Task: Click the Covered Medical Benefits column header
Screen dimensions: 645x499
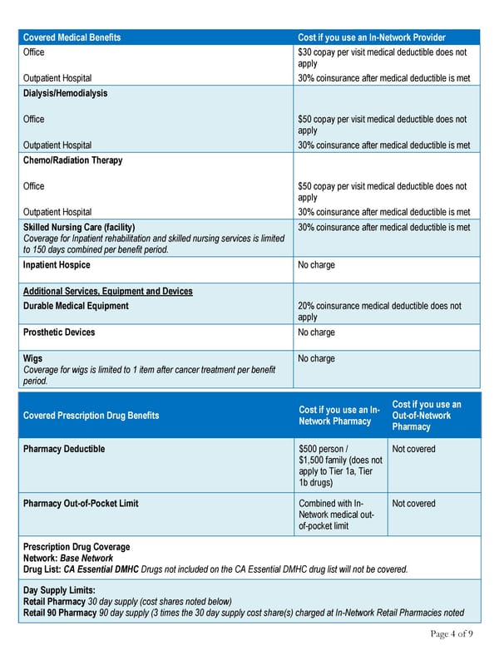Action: coord(72,37)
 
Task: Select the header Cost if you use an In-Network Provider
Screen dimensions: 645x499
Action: coord(371,37)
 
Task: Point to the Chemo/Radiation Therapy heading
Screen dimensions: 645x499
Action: coord(72,160)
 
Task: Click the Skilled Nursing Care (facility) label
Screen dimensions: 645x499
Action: coord(79,227)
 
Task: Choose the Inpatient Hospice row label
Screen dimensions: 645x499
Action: coord(57,265)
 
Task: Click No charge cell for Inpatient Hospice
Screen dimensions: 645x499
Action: coord(316,265)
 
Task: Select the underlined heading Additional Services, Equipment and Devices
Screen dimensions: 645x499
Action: coord(107,291)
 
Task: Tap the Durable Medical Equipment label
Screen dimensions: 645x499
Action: coord(76,306)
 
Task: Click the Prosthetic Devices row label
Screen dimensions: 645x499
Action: coord(59,332)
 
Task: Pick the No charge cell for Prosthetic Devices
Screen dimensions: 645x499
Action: coord(316,332)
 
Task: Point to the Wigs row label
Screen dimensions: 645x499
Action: coord(33,359)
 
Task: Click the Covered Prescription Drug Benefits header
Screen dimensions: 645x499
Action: coord(91,415)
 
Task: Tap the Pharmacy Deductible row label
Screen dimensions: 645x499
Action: coord(64,449)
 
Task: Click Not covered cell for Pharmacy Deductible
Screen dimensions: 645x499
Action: coord(413,449)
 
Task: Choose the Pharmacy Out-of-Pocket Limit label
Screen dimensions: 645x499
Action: coord(81,503)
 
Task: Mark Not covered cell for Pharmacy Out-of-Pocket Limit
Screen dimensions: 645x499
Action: coord(413,503)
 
